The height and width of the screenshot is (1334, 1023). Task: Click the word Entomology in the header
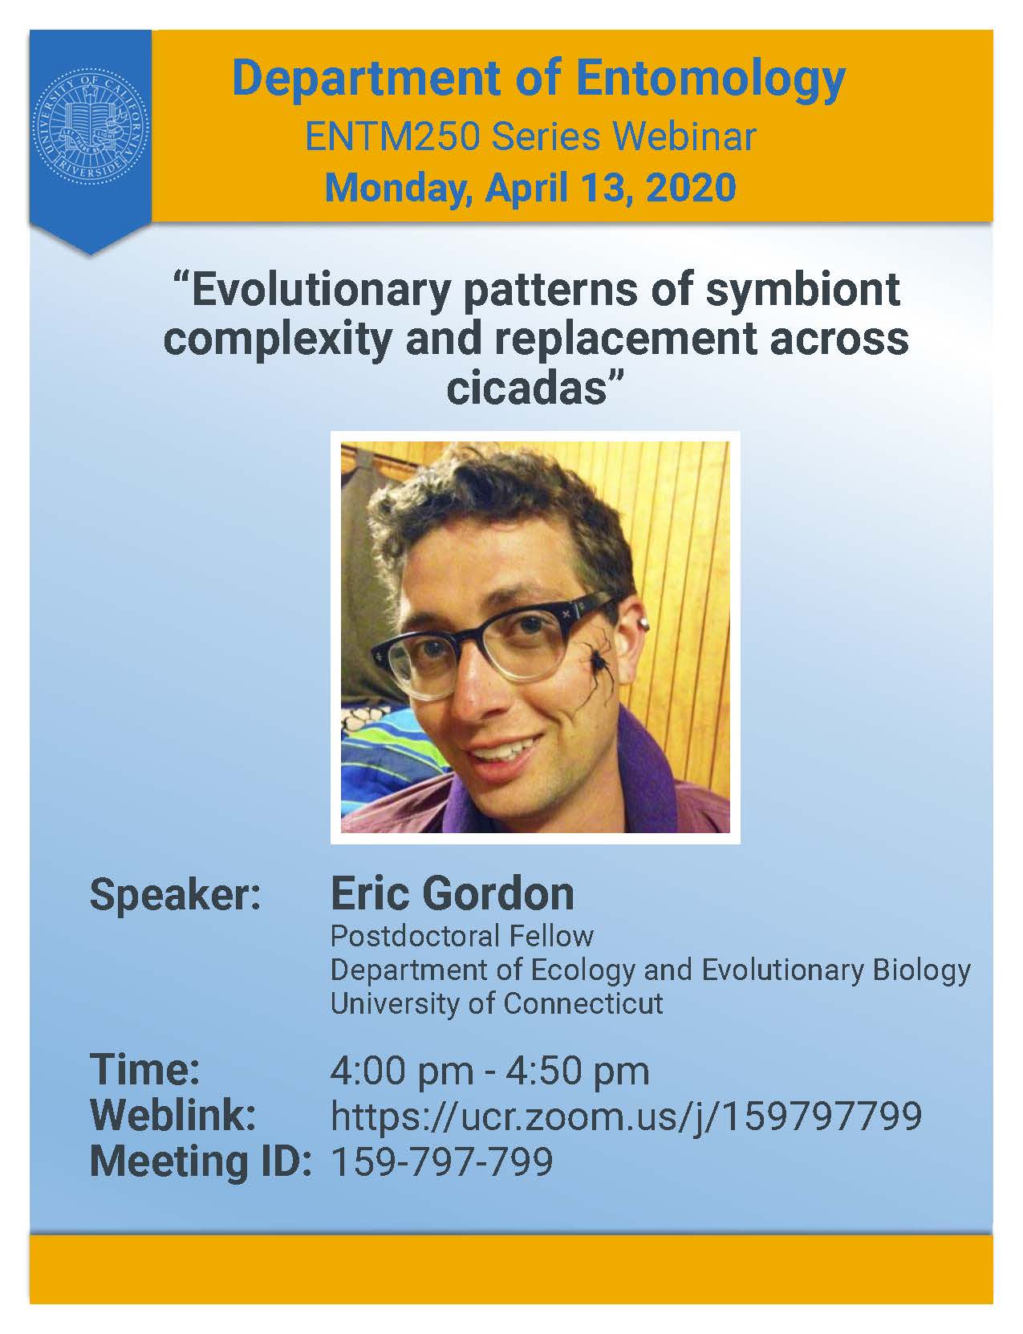point(711,80)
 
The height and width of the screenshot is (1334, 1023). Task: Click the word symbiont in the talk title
point(804,291)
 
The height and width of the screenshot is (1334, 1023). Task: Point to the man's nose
point(469,693)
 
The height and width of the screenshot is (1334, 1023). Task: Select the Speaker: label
point(176,896)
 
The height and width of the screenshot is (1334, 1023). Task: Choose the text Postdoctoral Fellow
point(462,937)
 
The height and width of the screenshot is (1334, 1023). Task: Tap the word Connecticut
point(583,1004)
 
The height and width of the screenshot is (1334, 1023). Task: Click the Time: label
point(145,1069)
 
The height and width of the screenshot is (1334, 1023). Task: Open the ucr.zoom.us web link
point(626,1116)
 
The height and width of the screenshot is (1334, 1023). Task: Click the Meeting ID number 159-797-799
point(442,1161)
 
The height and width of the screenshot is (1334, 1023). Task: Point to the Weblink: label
point(173,1115)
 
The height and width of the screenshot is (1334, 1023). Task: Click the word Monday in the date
point(400,189)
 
